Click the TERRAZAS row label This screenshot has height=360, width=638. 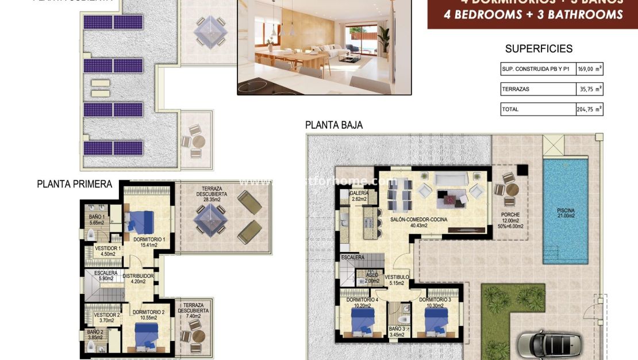coord(515,89)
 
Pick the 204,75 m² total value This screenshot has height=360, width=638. coord(590,109)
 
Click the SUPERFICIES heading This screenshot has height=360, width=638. coord(539,49)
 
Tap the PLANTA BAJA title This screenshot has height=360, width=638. coord(333,125)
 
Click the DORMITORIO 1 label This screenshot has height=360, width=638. coord(149,239)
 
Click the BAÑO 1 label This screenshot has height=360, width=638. coord(96,217)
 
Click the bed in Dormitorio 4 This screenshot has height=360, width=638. coord(363,320)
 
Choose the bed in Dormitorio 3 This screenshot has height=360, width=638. coord(436,320)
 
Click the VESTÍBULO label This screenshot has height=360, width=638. coord(397,277)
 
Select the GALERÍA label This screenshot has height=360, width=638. coord(359,193)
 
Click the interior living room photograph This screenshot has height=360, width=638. coord(325,46)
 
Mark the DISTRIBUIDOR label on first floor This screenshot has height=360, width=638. coord(138,276)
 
